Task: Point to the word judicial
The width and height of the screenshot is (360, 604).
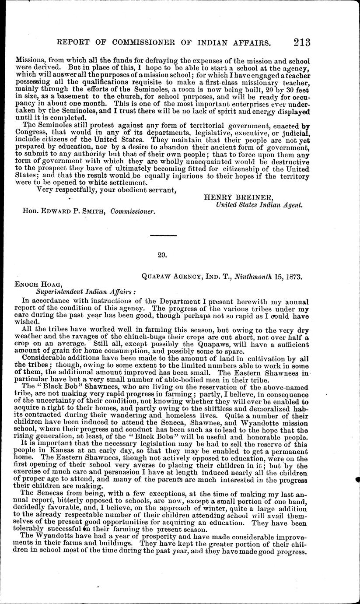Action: pyautogui.click(x=293, y=131)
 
